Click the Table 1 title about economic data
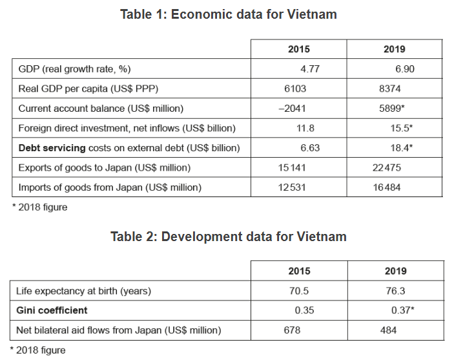(x=228, y=14)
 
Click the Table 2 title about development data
(x=228, y=237)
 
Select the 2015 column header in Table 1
(x=298, y=49)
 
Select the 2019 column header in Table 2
(x=395, y=271)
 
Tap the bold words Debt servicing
(x=52, y=148)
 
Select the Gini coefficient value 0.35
(x=305, y=310)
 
